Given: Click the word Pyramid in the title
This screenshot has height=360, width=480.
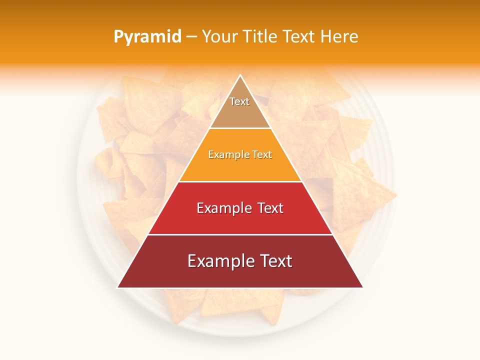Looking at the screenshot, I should [147, 37].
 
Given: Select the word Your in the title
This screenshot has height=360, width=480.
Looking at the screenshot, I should [219, 36].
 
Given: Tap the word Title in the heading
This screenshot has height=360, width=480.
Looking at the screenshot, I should [261, 36].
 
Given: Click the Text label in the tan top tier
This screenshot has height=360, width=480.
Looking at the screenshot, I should [239, 101].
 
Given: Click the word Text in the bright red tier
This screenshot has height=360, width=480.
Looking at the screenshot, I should [270, 208].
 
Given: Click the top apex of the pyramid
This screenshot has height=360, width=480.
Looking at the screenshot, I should [240, 75].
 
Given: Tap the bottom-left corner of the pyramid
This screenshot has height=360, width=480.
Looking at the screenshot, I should [118, 287].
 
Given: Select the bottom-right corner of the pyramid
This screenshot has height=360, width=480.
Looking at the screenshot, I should [362, 287].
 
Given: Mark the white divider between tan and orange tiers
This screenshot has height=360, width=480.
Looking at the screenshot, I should [240, 128].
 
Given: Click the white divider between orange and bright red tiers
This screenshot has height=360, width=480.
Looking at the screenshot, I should [240, 181].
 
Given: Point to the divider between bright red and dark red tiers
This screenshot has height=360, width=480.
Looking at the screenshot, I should [240, 234].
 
